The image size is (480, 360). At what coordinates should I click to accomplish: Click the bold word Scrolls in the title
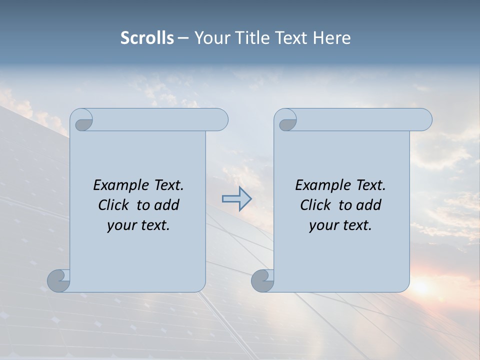[147, 38]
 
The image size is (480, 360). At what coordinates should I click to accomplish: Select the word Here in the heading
[332, 38]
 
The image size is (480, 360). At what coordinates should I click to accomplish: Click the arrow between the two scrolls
[236, 199]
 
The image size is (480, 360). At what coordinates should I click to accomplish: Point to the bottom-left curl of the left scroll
[59, 280]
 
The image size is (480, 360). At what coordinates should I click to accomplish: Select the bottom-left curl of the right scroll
[263, 280]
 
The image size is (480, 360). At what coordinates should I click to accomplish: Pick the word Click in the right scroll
[315, 205]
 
